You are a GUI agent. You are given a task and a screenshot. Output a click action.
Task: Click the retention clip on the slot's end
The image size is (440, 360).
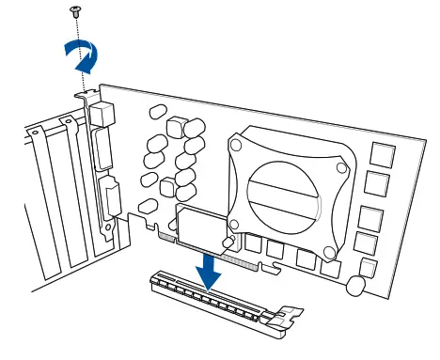click(x=288, y=321)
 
